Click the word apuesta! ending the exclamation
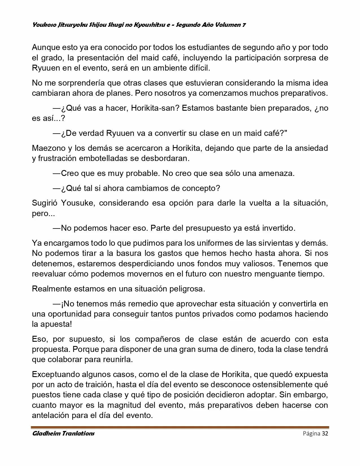coord(56,324)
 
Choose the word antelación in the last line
coord(51,415)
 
